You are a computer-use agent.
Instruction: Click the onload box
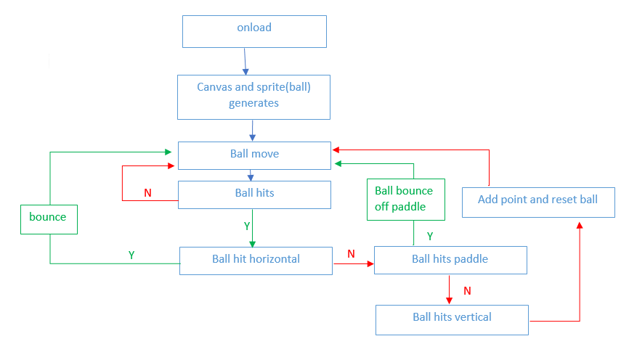[254, 32]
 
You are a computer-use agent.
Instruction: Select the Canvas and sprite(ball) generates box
[254, 97]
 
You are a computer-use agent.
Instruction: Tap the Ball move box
[254, 155]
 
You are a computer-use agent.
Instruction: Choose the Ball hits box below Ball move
[254, 195]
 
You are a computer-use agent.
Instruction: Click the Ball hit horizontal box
[256, 261]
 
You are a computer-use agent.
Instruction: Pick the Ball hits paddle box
[450, 260]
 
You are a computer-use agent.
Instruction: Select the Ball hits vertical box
[452, 320]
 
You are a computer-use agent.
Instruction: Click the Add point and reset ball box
[538, 202]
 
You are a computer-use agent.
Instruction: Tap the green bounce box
[49, 219]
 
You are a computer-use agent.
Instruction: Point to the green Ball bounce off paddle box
[406, 200]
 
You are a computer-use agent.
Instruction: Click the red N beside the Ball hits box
[147, 193]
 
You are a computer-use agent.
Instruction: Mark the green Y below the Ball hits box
[247, 226]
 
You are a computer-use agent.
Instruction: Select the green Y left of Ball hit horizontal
[131, 255]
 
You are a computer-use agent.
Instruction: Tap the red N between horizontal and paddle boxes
[351, 254]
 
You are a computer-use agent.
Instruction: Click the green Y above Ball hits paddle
[430, 236]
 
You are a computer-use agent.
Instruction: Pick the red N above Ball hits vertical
[467, 290]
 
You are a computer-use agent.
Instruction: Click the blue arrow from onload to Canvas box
[245, 62]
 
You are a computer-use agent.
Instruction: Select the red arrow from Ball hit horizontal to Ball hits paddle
[354, 263]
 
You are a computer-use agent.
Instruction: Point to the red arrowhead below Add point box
[580, 225]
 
